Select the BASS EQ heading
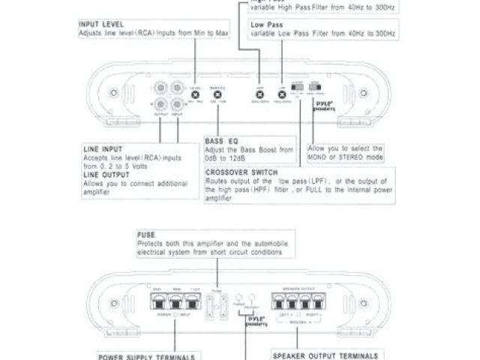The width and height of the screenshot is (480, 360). [x=218, y=140]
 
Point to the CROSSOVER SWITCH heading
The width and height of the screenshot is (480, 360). [x=239, y=172]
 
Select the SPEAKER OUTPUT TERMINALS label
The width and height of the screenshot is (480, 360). [x=319, y=355]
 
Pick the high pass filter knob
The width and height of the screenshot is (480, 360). [x=259, y=94]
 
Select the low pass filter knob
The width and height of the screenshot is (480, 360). [x=282, y=94]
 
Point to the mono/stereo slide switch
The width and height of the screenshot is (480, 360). [x=315, y=91]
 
